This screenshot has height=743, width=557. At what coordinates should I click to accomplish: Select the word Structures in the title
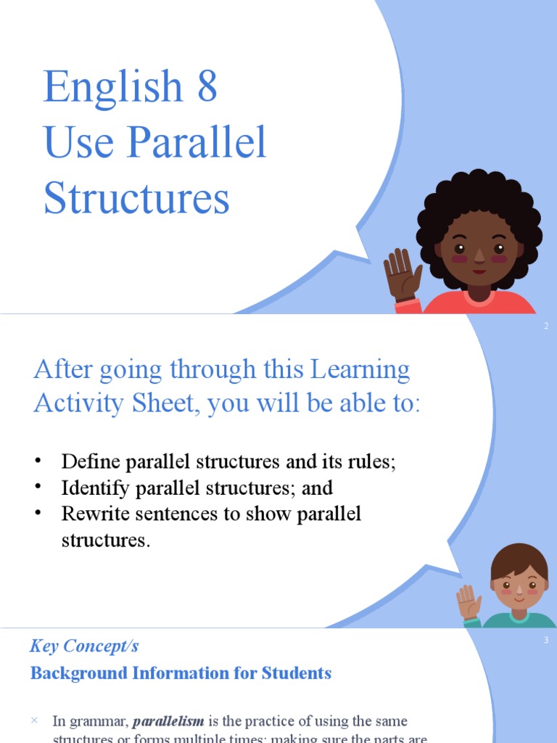click(136, 198)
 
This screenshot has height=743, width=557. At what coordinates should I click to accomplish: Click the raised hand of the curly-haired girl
click(402, 274)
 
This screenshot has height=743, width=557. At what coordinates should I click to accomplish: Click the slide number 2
click(546, 327)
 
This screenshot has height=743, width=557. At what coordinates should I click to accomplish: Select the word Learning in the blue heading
click(360, 370)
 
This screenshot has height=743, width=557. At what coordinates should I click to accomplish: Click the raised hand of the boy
click(468, 602)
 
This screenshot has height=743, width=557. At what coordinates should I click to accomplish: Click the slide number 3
click(546, 640)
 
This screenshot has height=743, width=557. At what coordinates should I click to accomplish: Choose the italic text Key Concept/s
click(84, 646)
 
